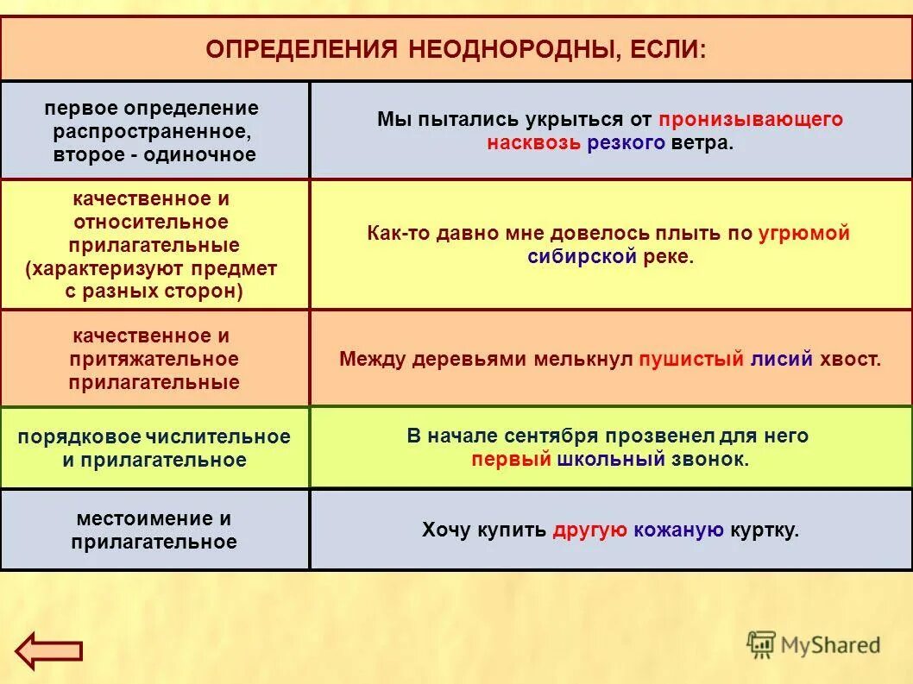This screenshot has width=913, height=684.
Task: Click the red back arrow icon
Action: pyautogui.click(x=49, y=649)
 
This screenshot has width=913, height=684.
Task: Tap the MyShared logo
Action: pyautogui.click(x=813, y=644)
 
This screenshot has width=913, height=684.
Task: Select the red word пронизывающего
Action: pyautogui.click(x=750, y=120)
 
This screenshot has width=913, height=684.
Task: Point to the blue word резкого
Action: pyautogui.click(x=626, y=143)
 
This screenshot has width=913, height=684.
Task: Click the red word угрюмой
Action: pyautogui.click(x=804, y=234)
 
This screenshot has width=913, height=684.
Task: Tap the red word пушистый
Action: pyautogui.click(x=690, y=359)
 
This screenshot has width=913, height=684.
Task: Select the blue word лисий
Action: pyautogui.click(x=782, y=359)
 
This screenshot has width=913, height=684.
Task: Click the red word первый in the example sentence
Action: pyautogui.click(x=511, y=459)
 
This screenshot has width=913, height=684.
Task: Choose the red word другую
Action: pyautogui.click(x=590, y=530)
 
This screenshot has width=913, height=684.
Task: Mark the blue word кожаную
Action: pyautogui.click(x=678, y=530)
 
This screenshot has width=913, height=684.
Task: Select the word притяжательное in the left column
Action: pyautogui.click(x=154, y=359)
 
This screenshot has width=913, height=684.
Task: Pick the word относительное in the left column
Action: pyautogui.click(x=154, y=222)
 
